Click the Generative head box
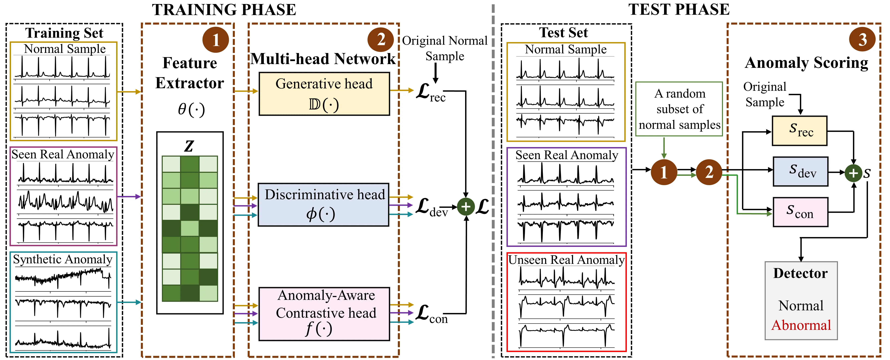[x=324, y=94]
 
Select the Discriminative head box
[x=323, y=204]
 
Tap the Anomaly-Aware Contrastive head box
[x=324, y=314]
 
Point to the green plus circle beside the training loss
[x=466, y=207]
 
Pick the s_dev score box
[x=800, y=171]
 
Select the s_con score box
[x=800, y=212]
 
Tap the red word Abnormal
[x=801, y=325]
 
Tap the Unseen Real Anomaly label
[x=567, y=260]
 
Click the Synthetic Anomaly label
[x=63, y=259]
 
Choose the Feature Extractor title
[x=190, y=73]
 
